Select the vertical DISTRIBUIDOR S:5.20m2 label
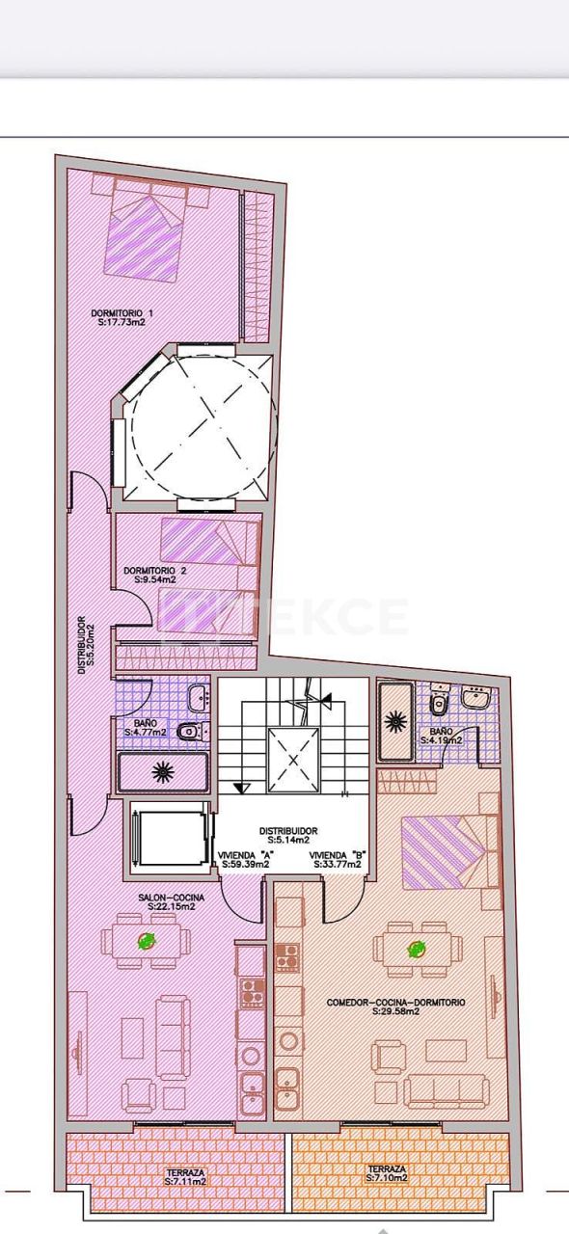(86, 641)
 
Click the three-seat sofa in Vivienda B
(446, 1089)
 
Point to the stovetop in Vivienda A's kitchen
(252, 988)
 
